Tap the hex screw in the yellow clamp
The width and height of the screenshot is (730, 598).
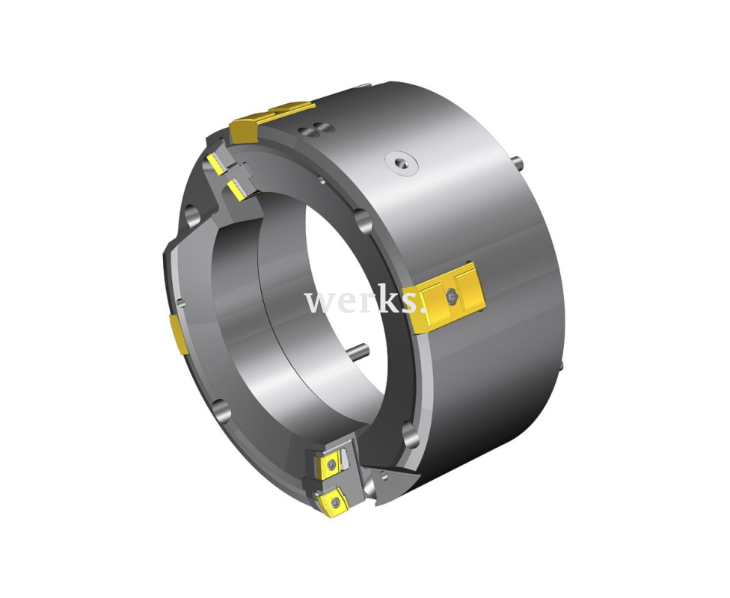click(451, 298)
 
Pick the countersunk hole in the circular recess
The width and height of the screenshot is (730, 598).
click(401, 163)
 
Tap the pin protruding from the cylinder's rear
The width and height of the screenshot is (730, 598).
click(518, 162)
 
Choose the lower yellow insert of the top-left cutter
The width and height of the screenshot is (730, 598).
click(236, 190)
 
